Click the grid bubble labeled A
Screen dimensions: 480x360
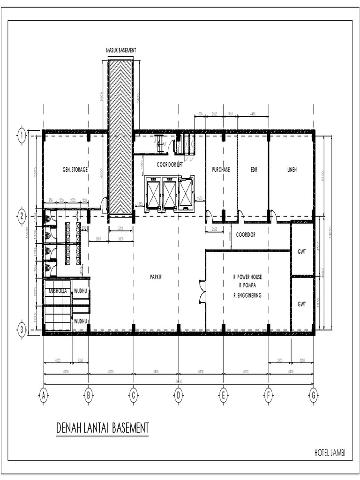pyautogui.click(x=44, y=397)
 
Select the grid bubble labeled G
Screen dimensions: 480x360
pyautogui.click(x=313, y=397)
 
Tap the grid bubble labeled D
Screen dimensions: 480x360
pyautogui.click(x=178, y=397)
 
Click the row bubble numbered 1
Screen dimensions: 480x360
pyautogui.click(x=22, y=136)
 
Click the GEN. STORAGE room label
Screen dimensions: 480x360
pyautogui.click(x=75, y=170)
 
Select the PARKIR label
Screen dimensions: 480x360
pyautogui.click(x=156, y=277)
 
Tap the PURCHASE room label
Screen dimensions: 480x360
pyautogui.click(x=221, y=170)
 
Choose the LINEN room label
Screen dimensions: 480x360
pyautogui.click(x=292, y=170)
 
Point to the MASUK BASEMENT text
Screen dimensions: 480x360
pyautogui.click(x=121, y=50)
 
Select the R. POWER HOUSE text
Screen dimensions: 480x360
pyautogui.click(x=247, y=277)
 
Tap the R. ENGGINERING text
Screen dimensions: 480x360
pyautogui.click(x=247, y=295)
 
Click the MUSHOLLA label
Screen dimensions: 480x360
pyautogui.click(x=57, y=291)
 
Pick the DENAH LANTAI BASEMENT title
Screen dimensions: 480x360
pyautogui.click(x=102, y=428)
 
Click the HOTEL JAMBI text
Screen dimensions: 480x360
pyautogui.click(x=333, y=453)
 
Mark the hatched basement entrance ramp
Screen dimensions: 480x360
pyautogui.click(x=120, y=136)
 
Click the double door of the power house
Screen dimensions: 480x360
pyautogui.click(x=202, y=292)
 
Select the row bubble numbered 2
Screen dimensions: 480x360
pyautogui.click(x=22, y=216)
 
